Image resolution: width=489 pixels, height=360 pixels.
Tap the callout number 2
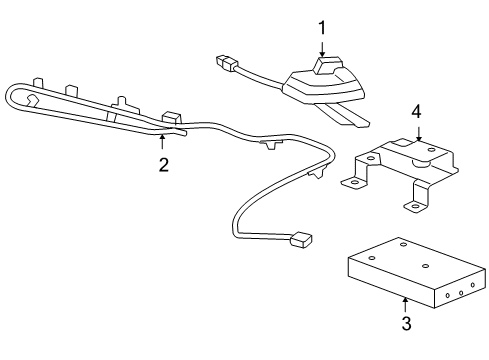164,166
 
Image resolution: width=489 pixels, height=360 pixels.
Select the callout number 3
405,322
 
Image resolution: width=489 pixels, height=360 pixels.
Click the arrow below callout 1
322,50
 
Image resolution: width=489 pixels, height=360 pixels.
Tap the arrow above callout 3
405,302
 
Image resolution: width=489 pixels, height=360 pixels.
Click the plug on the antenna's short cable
225,64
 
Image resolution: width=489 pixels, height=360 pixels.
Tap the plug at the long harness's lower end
300,240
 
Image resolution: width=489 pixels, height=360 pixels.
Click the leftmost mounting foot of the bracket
351,182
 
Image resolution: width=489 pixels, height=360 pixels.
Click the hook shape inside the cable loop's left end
33,99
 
